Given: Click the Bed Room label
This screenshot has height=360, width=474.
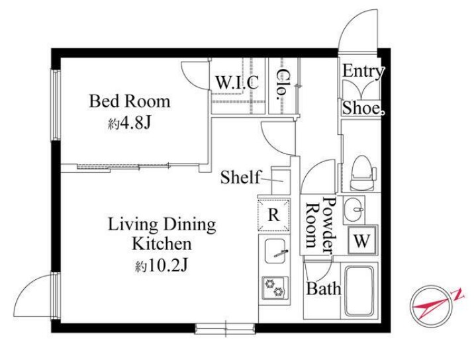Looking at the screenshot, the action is [x=129, y=101].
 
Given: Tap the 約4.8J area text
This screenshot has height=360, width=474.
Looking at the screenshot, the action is [x=129, y=123].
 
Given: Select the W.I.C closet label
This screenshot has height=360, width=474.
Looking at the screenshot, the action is [x=237, y=82].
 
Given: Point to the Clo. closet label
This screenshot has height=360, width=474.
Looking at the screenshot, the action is [x=282, y=84].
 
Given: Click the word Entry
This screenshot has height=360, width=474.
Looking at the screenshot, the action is [x=363, y=71].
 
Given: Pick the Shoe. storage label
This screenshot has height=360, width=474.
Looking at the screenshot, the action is [x=363, y=108].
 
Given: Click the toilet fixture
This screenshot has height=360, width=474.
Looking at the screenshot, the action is [x=363, y=173].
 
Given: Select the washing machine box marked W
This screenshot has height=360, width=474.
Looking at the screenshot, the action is [x=362, y=241].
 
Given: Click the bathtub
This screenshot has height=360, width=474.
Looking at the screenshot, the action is [x=359, y=291].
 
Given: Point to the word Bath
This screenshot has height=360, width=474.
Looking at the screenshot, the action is [x=324, y=289].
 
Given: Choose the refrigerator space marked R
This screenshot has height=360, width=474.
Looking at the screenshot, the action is [x=273, y=214].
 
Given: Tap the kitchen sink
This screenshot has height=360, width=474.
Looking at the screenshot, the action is [x=275, y=251].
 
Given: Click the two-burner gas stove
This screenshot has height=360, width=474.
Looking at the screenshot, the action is [x=275, y=287].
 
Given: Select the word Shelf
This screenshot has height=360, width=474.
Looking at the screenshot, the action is [x=240, y=177].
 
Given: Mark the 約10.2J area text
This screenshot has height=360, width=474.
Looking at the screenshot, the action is [x=162, y=266].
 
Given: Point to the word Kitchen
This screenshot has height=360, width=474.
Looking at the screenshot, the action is [x=162, y=244].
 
